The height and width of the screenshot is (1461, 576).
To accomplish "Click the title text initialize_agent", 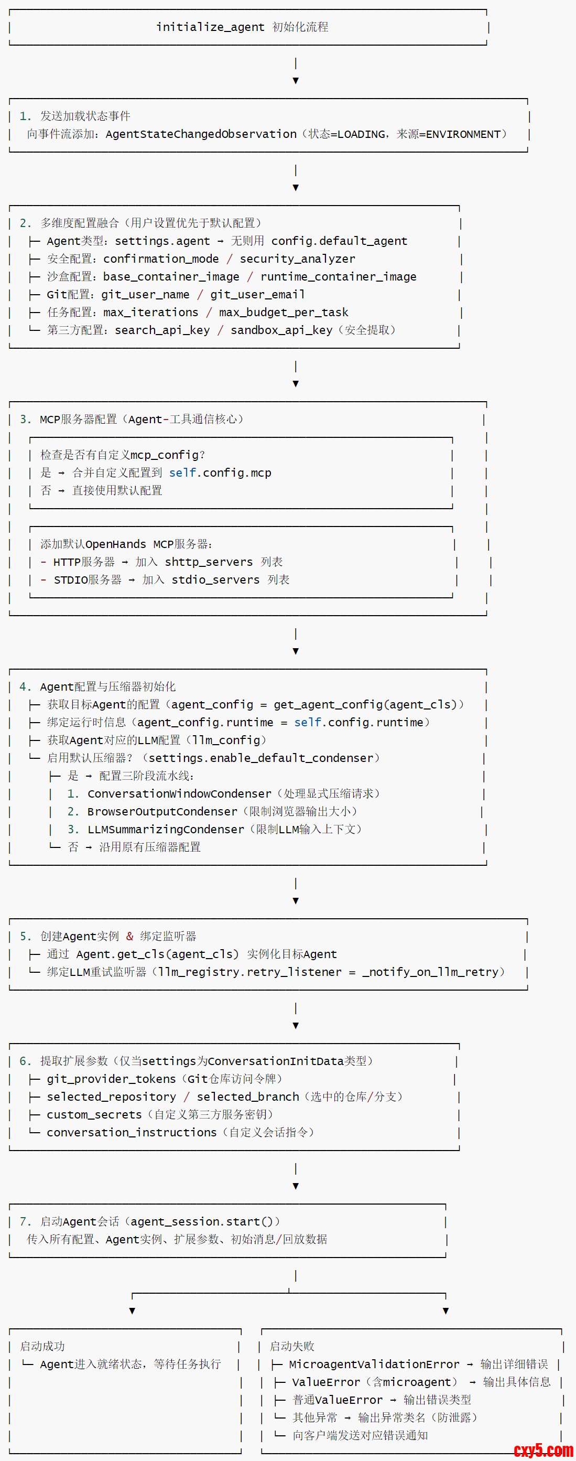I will pyautogui.click(x=210, y=27).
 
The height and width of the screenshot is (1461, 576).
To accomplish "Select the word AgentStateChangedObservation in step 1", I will pyautogui.click(x=201, y=134).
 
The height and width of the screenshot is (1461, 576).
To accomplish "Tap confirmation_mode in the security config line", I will pyautogui.click(x=161, y=259).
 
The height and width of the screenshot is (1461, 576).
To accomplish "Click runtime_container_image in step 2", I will pyautogui.click(x=339, y=277).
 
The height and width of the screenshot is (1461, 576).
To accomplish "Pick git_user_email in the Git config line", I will pyautogui.click(x=257, y=295).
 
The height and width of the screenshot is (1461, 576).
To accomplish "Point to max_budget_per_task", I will pyautogui.click(x=284, y=313).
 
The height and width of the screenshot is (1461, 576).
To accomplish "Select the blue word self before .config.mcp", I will pyautogui.click(x=182, y=473).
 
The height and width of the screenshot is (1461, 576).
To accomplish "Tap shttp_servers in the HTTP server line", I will pyautogui.click(x=209, y=562).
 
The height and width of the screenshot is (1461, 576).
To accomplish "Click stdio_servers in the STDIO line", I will pyautogui.click(x=215, y=580).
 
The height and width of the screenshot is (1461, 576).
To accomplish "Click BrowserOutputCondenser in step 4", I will pyautogui.click(x=162, y=812).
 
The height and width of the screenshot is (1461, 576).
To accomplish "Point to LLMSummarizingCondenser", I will pyautogui.click(x=166, y=830).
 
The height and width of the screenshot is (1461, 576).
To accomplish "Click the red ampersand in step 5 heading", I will pyautogui.click(x=130, y=937).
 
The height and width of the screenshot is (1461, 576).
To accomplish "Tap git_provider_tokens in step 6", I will pyautogui.click(x=111, y=1079).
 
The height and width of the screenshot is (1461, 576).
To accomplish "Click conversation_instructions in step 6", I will pyautogui.click(x=132, y=1133).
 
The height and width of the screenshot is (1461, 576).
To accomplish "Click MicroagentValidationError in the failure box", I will pyautogui.click(x=374, y=1365).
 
